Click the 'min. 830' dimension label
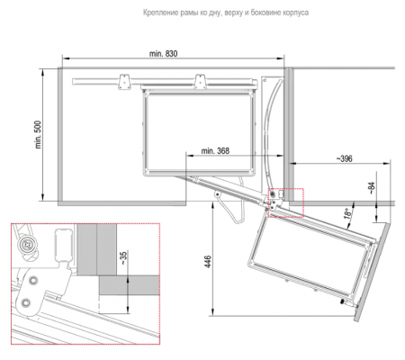[x=164, y=54]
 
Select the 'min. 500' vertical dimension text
[x=38, y=135]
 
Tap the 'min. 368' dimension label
[x=215, y=150]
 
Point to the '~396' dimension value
[x=344, y=158]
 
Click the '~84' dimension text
[x=372, y=188]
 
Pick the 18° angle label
[x=348, y=213]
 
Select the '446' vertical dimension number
[x=208, y=262]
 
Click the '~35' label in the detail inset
[x=123, y=257]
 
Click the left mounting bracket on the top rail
[x=123, y=82]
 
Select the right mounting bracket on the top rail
[x=200, y=82]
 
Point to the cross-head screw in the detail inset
[x=27, y=245]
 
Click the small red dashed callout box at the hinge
[x=286, y=202]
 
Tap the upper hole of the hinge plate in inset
[x=33, y=280]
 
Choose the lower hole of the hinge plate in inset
[x=26, y=303]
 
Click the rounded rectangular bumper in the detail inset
[x=64, y=245]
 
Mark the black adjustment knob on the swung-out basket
[x=342, y=301]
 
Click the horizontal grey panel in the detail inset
[x=129, y=285]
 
